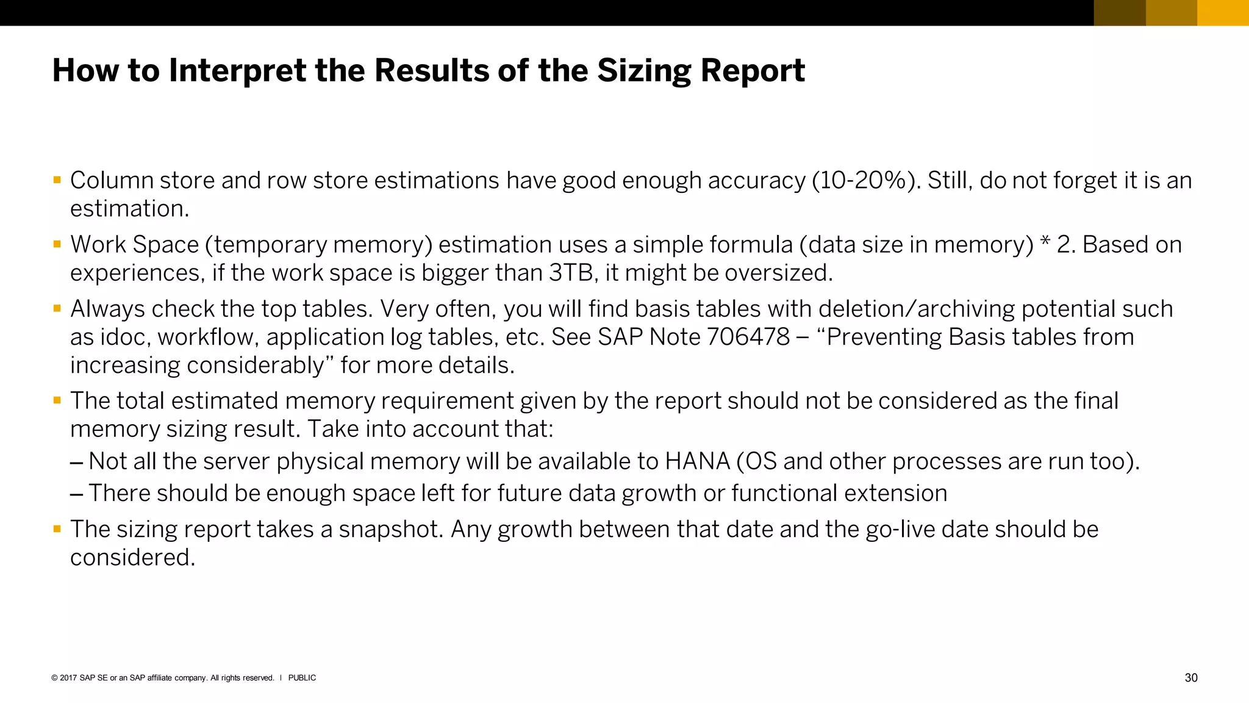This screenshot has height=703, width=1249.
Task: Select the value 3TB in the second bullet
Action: pos(571,273)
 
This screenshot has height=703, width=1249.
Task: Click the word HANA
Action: pos(697,461)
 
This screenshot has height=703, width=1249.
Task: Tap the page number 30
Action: pos(1190,678)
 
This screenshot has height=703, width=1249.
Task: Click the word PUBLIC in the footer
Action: pos(302,678)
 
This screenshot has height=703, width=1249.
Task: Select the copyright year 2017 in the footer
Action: pos(68,678)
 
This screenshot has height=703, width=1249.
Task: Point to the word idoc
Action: pos(125,337)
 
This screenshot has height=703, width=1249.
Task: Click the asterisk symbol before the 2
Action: pos(1045,242)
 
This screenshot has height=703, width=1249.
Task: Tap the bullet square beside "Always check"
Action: pos(57,308)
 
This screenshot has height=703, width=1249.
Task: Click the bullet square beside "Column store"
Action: pos(57,180)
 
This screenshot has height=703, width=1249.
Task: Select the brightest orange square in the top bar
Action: pos(1223,13)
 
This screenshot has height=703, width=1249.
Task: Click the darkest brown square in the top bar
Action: pos(1120,13)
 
